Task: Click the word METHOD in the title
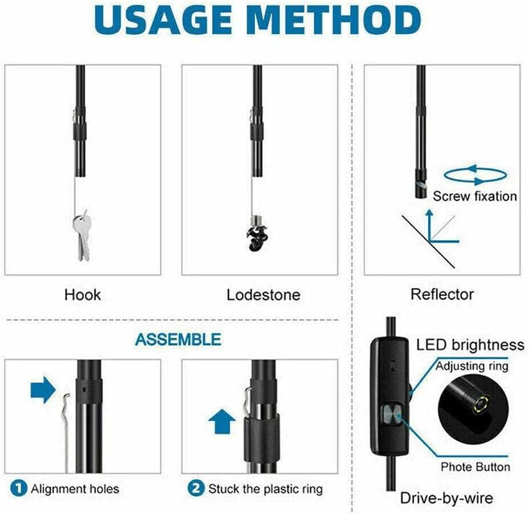[340, 21]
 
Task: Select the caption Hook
[82, 295]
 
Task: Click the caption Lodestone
[263, 295]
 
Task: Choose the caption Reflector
[442, 294]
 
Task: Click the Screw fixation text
[474, 196]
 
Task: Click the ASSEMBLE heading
[177, 339]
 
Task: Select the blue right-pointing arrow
[43, 389]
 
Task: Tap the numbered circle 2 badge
[195, 489]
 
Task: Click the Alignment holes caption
[74, 489]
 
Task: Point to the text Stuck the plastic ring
[265, 489]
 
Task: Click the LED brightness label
[470, 345]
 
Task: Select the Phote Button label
[475, 467]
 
